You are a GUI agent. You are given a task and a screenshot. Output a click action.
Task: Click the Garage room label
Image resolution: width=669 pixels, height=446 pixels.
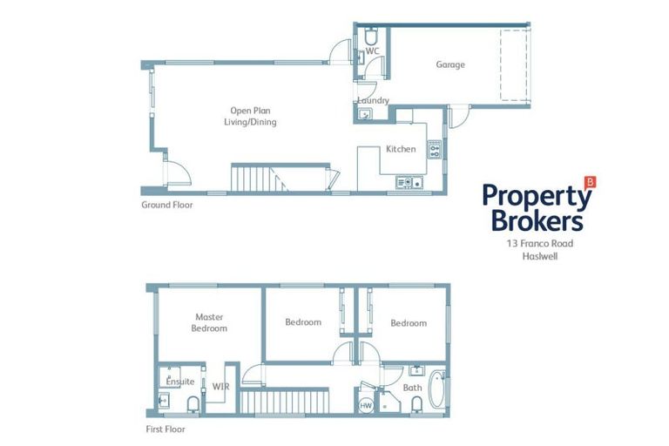(x=450, y=64)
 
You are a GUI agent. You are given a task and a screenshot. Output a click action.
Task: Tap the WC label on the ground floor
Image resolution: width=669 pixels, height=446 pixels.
(x=372, y=51)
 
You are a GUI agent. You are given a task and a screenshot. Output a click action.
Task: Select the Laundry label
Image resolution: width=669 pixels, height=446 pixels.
(x=373, y=100)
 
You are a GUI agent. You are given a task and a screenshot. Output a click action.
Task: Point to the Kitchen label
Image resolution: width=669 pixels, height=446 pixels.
(x=401, y=149)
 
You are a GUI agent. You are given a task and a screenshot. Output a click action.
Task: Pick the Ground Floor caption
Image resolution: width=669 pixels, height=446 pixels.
(x=166, y=206)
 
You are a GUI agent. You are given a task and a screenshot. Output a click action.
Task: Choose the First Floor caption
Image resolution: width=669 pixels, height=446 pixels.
(x=165, y=429)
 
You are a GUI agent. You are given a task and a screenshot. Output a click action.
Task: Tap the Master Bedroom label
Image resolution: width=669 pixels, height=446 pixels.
(x=211, y=322)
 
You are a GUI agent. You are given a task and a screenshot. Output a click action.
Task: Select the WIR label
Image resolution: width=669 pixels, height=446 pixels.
(x=220, y=385)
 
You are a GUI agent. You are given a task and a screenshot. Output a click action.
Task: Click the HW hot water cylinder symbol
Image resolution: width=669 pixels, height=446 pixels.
(x=366, y=405)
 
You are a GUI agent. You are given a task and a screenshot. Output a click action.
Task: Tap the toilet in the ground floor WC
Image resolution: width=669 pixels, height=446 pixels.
(x=370, y=37)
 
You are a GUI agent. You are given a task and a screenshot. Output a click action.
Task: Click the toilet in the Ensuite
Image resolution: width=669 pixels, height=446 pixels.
(x=193, y=403)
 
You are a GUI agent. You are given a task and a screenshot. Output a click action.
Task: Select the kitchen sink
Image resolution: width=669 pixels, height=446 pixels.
(x=409, y=182)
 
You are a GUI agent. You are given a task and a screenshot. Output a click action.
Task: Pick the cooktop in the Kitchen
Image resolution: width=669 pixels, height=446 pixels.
(x=434, y=148)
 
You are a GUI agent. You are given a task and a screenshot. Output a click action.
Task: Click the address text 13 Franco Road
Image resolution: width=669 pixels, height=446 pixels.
(x=539, y=245)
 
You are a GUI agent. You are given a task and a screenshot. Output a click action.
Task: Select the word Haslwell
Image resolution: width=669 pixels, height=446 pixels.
(x=539, y=258)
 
